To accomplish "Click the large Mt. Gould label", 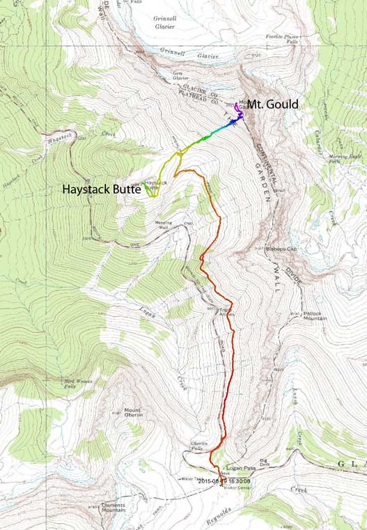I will point(273,104).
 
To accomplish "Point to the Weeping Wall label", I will point(162,226).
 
